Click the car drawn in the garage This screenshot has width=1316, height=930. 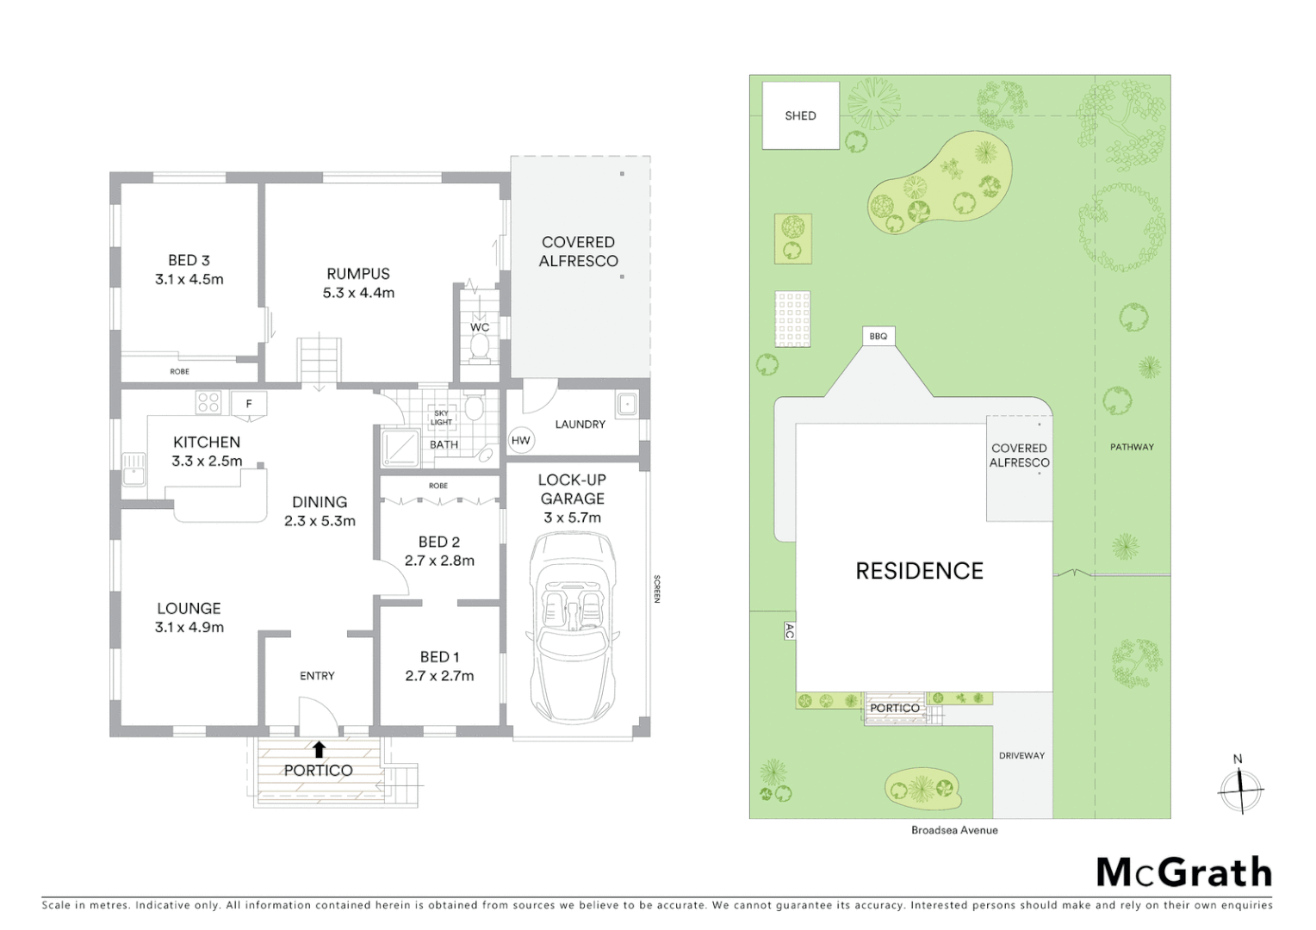coord(573,629)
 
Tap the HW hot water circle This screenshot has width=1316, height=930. coord(521,440)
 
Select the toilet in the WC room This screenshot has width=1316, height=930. coord(480,347)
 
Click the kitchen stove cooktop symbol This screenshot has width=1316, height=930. coord(208,402)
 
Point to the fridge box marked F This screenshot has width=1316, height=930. coord(249,403)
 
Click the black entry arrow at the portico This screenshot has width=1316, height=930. coord(319,749)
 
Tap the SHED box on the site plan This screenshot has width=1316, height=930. coord(800,115)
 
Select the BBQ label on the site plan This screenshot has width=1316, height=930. coord(878,336)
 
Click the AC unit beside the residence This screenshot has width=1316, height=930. coord(789,631)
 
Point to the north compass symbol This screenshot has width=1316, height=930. coord(1240,788)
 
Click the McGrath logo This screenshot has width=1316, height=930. coord(1183,872)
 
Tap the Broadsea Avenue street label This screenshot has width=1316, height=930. coord(954,830)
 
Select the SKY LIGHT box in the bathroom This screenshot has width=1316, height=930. coord(441,418)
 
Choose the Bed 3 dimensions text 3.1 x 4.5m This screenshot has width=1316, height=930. coord(189,279)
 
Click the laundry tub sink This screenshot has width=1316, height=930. coord(627,404)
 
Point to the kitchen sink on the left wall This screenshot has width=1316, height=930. coord(133,468)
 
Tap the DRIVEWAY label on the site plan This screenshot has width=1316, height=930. coord(1021,755)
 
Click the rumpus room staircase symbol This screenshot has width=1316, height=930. coord(320,360)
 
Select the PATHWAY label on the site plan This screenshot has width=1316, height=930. coord(1132,447)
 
